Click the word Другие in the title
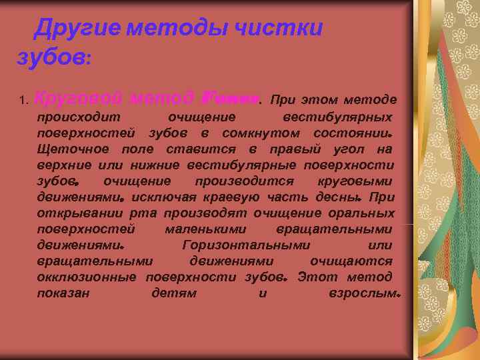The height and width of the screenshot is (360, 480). (x=78, y=29)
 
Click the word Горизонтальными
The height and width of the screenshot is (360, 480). (x=245, y=245)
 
